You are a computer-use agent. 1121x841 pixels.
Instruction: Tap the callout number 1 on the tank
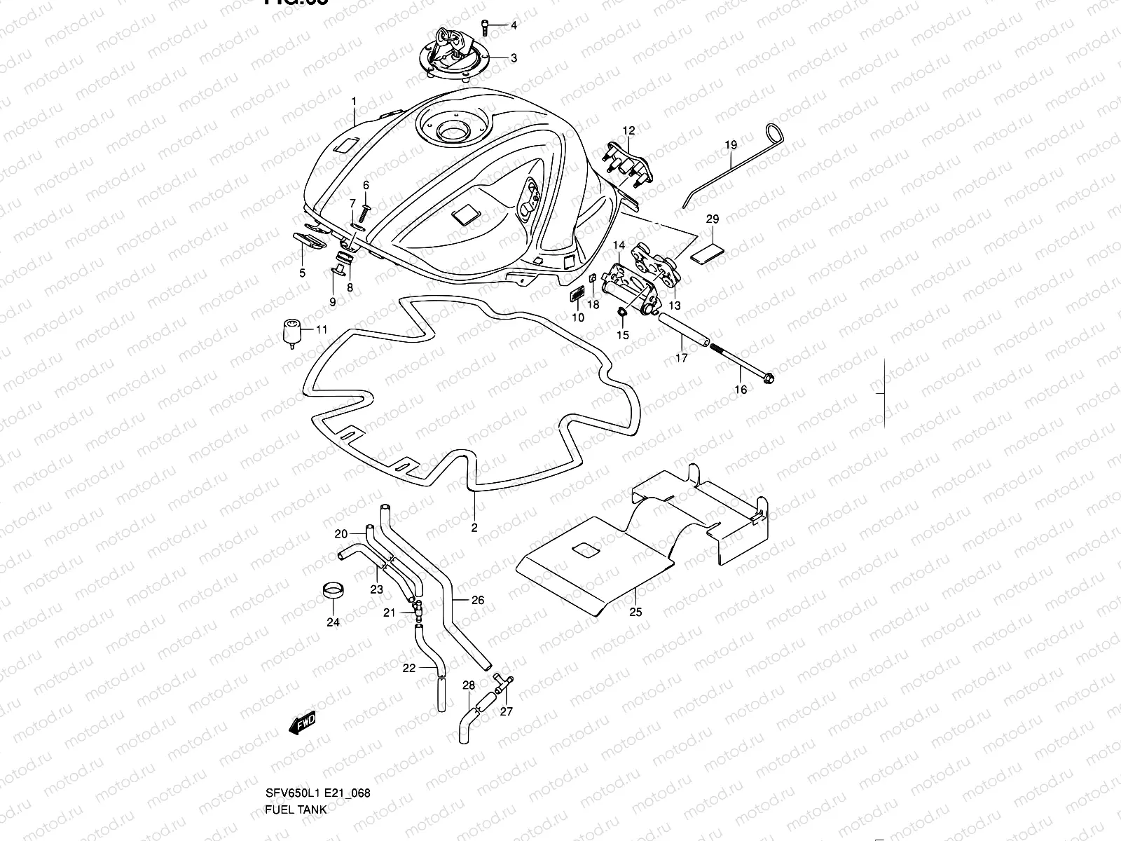[354, 101]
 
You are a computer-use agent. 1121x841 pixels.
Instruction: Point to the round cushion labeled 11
[291, 331]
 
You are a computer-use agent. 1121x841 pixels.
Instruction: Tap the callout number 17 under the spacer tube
[682, 357]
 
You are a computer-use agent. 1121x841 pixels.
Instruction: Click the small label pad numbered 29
[708, 250]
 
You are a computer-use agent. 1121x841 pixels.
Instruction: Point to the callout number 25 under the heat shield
[635, 612]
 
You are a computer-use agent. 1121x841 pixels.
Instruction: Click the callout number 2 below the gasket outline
[474, 528]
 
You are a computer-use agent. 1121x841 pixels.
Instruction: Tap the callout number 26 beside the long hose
[478, 601]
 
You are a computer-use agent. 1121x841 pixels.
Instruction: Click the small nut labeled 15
[621, 312]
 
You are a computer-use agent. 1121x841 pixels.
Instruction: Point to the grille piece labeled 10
[577, 296]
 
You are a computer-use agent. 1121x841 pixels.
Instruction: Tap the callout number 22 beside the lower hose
[409, 668]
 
